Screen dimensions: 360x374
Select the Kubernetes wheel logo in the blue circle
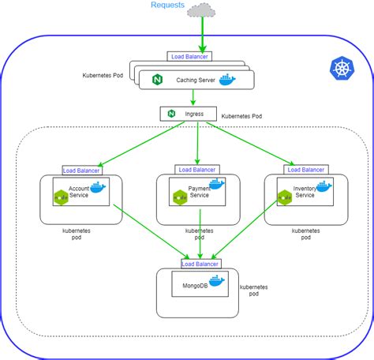point(342,70)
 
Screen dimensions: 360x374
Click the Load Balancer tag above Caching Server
point(189,57)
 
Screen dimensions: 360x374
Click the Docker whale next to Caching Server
point(227,80)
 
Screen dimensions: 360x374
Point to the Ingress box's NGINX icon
point(171,114)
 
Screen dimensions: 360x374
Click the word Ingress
point(194,114)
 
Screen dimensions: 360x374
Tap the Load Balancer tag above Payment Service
point(197,170)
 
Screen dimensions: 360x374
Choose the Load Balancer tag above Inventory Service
point(305,170)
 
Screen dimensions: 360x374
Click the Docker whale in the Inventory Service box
point(321,187)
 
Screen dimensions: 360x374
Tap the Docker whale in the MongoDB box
point(216,280)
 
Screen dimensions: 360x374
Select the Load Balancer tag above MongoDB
point(200,263)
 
